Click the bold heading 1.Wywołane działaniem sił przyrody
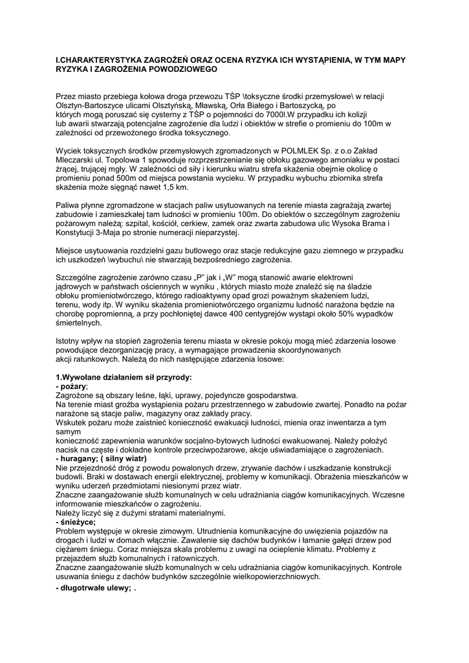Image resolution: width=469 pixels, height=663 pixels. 124,377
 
